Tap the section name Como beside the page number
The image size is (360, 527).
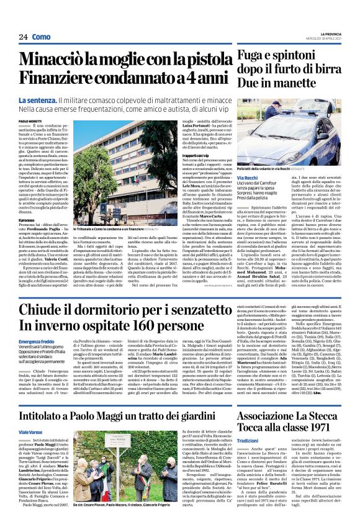click(41, 38)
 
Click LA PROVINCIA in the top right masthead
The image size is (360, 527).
click(340, 33)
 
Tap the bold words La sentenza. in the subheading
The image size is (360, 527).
click(55, 101)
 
